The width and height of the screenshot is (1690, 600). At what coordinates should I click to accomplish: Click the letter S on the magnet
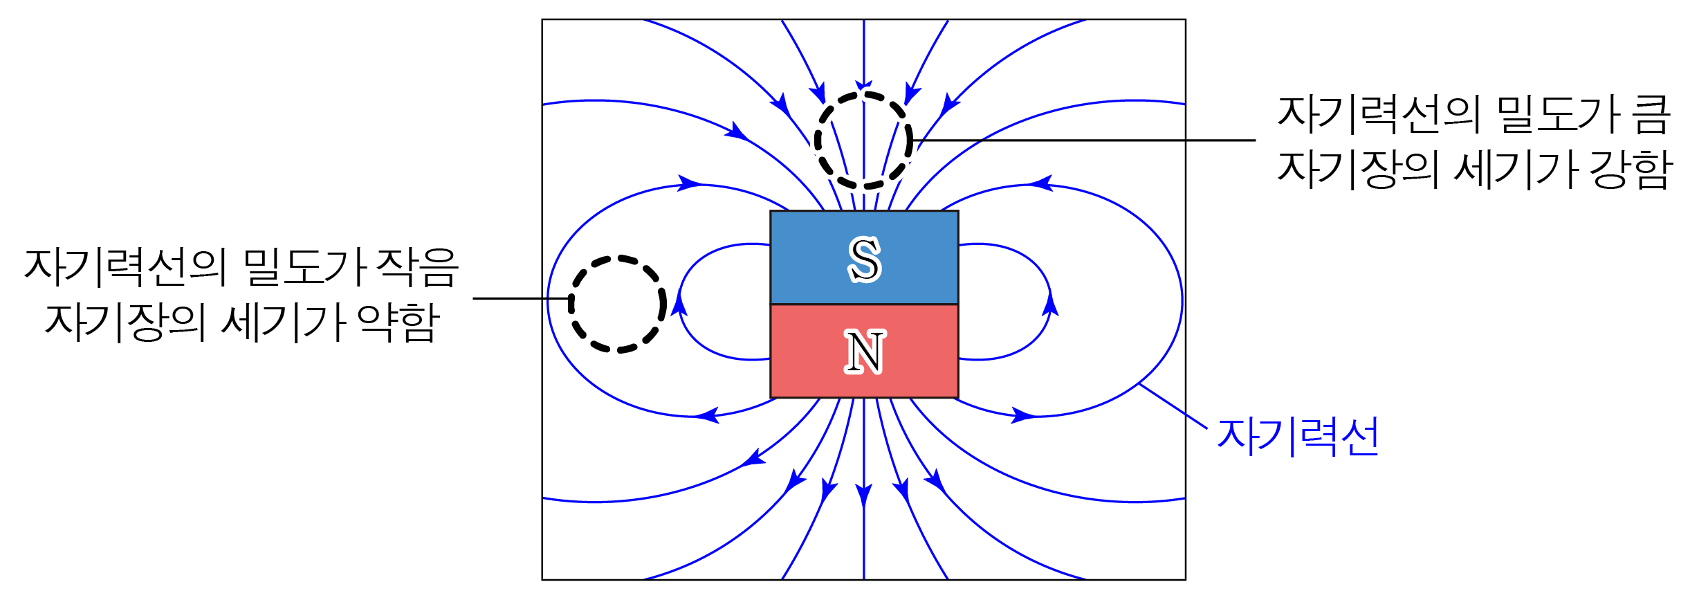coord(864,260)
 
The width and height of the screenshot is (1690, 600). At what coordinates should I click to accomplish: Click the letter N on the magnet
coord(864,352)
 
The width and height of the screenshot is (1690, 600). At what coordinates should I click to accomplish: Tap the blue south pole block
coord(809,257)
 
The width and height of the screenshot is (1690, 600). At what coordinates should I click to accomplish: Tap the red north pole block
coord(809,352)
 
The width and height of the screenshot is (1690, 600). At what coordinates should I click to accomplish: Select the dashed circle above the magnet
coord(863,140)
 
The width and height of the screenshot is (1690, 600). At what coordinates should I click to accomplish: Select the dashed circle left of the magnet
coord(617,304)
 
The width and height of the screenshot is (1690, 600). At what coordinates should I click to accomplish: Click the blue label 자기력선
coord(1298,437)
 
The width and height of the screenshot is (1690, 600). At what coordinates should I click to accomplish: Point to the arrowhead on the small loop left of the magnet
coord(679,304)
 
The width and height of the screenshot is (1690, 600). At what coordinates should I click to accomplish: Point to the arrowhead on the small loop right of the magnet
coord(1050,304)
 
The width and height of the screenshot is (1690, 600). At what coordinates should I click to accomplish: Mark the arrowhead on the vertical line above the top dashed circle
coord(863,85)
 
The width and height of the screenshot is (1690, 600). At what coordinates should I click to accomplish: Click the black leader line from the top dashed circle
coord(1086,140)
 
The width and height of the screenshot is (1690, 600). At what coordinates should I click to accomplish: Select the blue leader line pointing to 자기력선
coord(1173,406)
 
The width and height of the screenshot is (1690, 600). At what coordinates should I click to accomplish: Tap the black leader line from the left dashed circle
coord(519,299)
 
